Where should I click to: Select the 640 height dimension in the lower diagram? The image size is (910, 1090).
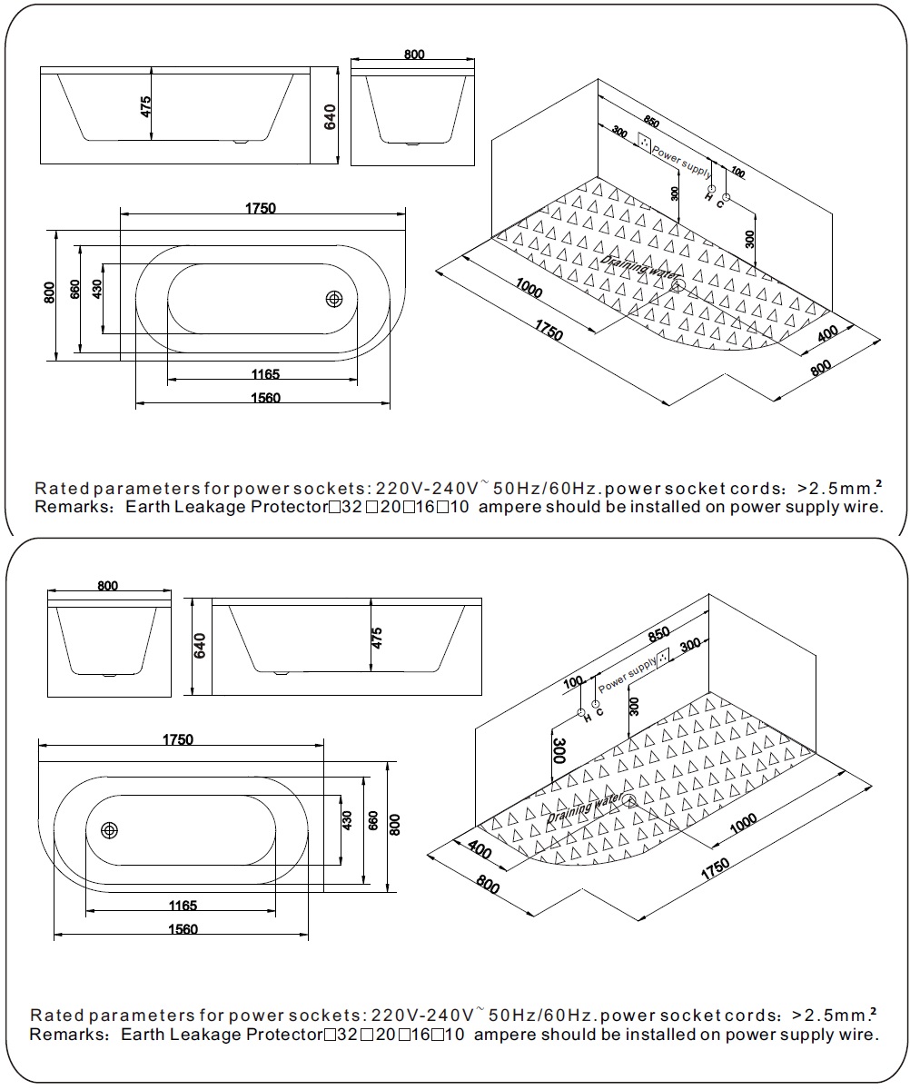(x=201, y=646)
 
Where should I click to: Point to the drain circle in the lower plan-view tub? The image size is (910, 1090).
(x=111, y=829)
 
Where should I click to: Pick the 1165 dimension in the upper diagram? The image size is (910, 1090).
(x=262, y=373)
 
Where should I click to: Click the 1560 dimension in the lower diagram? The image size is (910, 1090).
(x=182, y=928)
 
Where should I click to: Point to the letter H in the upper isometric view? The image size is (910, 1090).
(x=708, y=196)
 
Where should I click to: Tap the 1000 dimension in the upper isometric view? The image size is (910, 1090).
(x=528, y=291)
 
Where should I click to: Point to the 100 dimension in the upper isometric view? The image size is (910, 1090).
(x=736, y=173)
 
